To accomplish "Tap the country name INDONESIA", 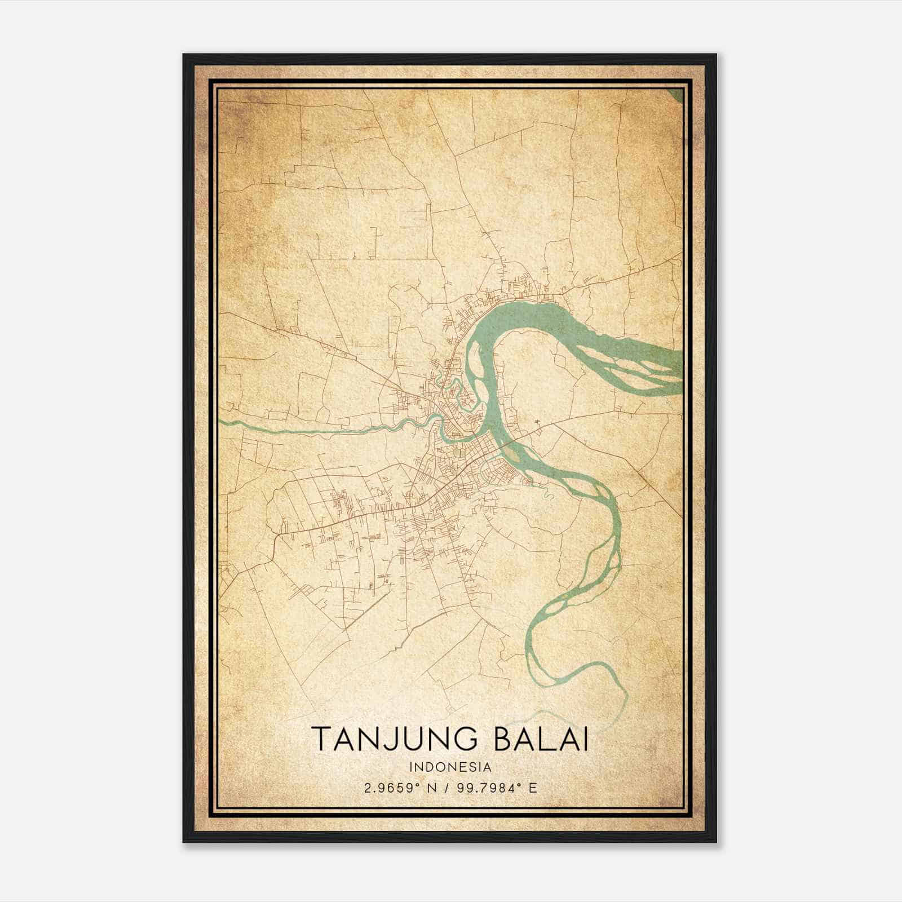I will tap(450, 767).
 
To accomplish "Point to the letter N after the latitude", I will tap(433, 788).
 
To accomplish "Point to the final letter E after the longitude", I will tap(533, 788).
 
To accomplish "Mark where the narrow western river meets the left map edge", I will tap(220, 421).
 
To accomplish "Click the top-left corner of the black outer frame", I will tap(184, 55).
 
